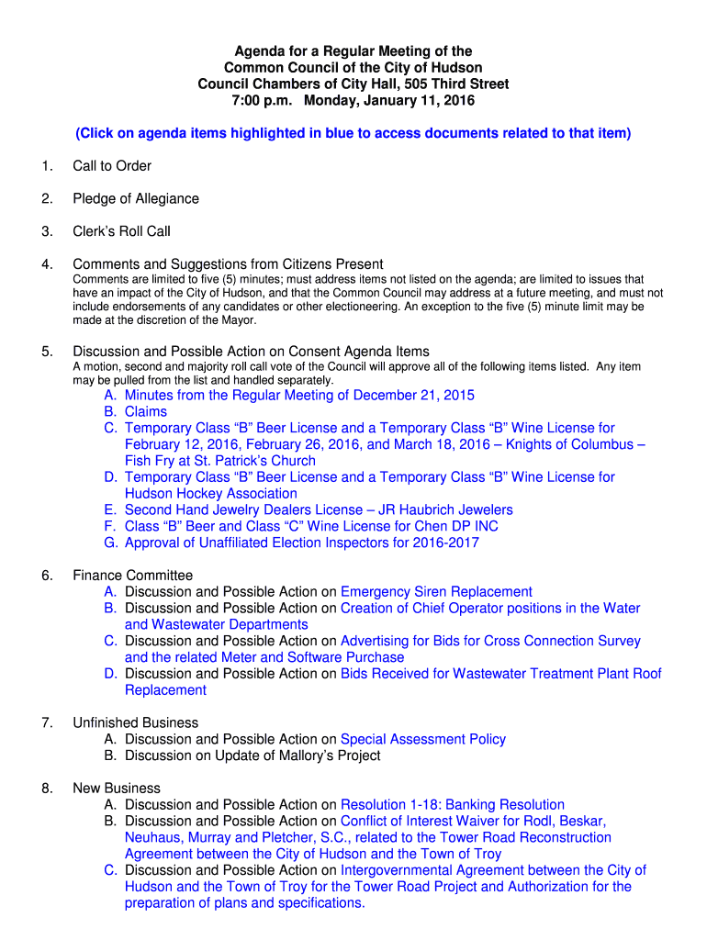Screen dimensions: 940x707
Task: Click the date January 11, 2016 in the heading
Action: coord(423,101)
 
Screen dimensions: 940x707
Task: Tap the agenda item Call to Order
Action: coord(112,166)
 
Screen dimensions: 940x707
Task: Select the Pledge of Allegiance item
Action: coord(136,199)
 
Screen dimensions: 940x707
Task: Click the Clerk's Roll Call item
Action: coord(121,232)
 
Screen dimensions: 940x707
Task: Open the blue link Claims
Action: coord(146,412)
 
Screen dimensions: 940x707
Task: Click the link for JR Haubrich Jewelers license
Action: coord(319,510)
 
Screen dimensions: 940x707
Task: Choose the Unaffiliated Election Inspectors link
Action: coord(301,543)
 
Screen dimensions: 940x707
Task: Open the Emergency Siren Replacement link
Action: coord(436,592)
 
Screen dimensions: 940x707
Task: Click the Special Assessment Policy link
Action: coord(422,740)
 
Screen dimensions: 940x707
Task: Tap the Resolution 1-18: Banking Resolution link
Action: coord(452,805)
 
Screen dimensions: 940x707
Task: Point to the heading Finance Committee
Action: coord(132,576)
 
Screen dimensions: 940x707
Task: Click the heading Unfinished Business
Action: coord(135,723)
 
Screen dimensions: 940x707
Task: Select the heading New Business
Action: coord(117,789)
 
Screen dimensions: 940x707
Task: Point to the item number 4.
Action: coord(46,265)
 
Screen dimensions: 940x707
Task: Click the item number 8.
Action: coord(46,789)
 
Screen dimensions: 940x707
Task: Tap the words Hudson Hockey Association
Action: coord(210,494)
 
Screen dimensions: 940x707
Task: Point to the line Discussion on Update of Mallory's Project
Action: coord(252,756)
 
